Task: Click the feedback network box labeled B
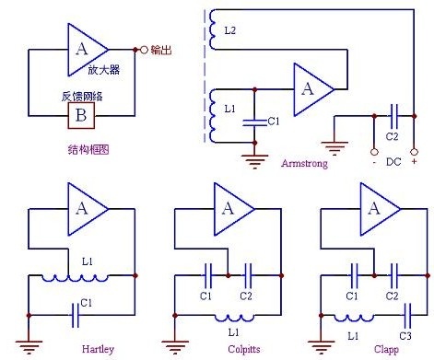(x=81, y=116)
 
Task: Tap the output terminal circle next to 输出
(x=144, y=50)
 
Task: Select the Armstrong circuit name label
(x=304, y=163)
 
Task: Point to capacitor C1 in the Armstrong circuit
(x=254, y=122)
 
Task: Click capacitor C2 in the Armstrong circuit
(x=394, y=116)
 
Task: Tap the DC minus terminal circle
(x=374, y=152)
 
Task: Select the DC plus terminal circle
(x=414, y=152)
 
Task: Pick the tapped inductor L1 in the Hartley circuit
(x=75, y=278)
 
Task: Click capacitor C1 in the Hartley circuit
(x=75, y=315)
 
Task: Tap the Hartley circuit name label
(x=98, y=349)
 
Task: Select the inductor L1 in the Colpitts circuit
(x=234, y=318)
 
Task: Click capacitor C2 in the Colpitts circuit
(x=248, y=275)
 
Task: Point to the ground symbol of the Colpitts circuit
(x=175, y=347)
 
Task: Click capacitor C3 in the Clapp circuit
(x=407, y=315)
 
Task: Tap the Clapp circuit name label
(x=386, y=350)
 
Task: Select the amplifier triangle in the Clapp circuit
(x=381, y=209)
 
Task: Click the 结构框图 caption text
(x=88, y=150)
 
